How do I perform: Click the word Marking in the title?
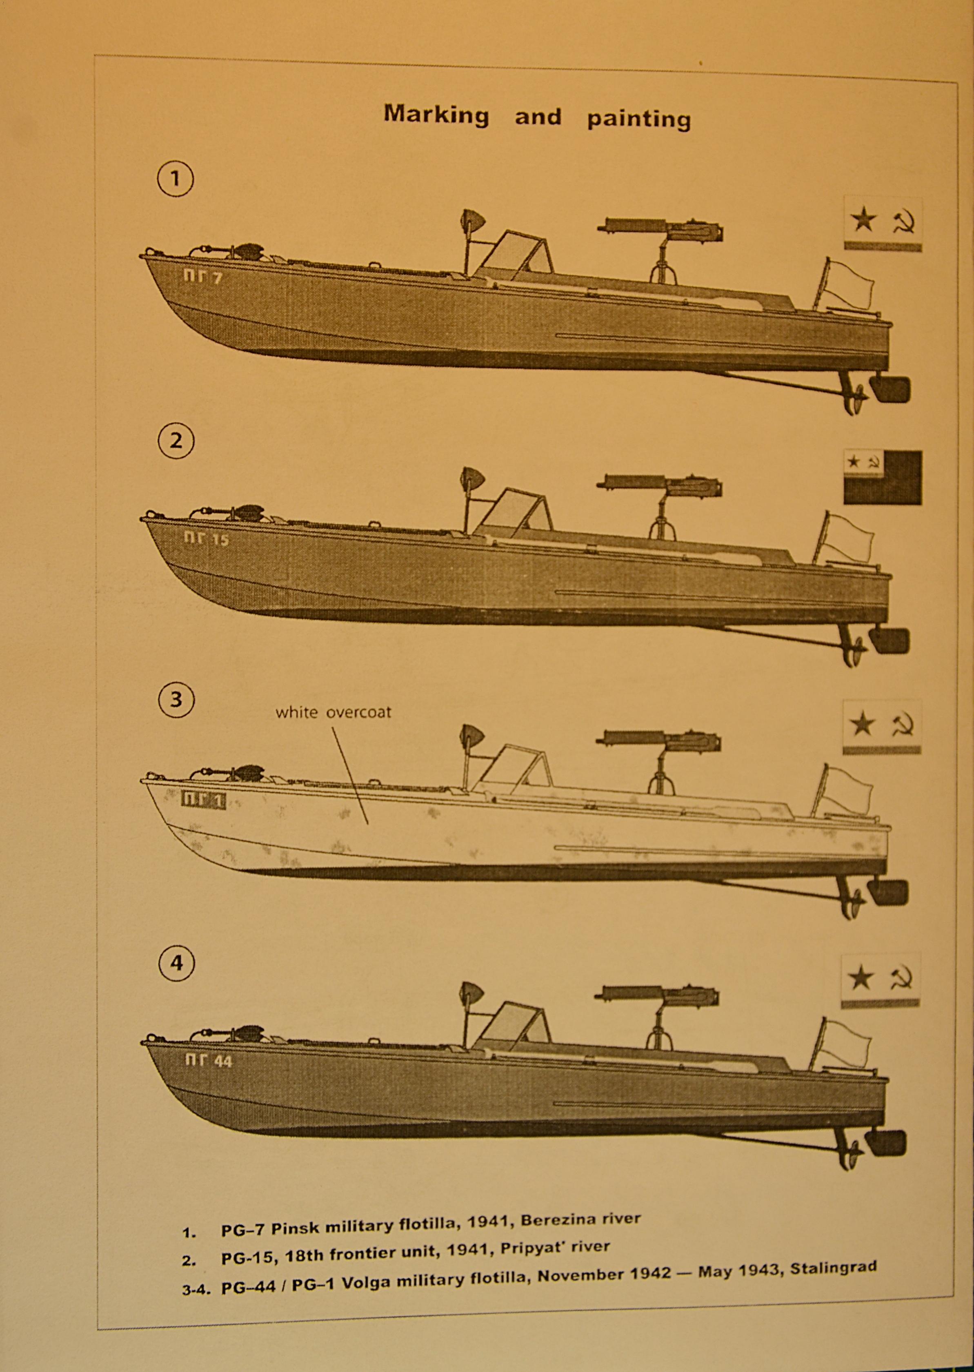(436, 114)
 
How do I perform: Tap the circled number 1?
(175, 179)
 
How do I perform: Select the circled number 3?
(176, 700)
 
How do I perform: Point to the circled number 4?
(176, 963)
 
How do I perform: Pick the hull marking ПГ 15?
(206, 539)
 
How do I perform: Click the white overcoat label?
(333, 712)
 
